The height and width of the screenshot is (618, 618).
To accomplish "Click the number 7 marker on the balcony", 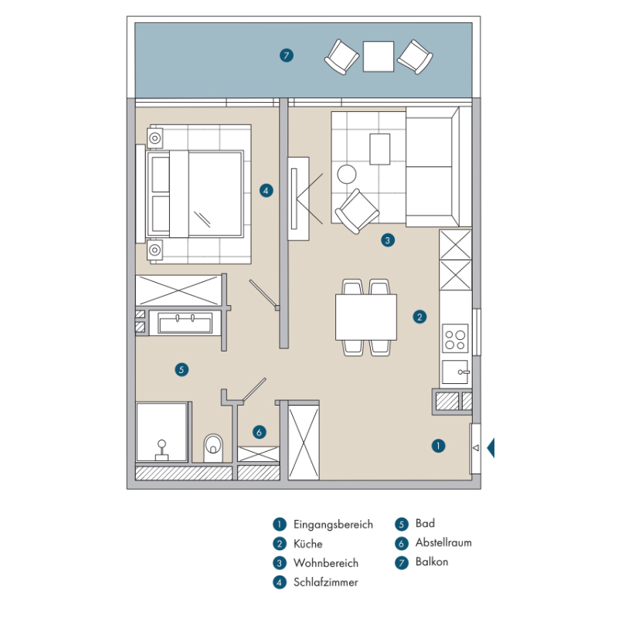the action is (287, 56).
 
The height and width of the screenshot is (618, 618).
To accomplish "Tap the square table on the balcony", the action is (379, 56).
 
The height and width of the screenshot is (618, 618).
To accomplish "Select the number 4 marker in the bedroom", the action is (266, 191).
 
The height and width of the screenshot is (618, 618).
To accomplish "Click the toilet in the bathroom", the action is (213, 448).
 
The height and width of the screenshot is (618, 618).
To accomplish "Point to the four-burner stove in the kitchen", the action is (455, 338).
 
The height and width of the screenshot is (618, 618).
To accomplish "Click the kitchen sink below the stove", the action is (455, 372).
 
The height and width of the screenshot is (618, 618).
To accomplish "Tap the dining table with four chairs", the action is (365, 317).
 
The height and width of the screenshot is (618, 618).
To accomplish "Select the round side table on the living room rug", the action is (347, 175).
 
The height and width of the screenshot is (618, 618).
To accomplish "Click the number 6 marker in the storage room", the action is (259, 432).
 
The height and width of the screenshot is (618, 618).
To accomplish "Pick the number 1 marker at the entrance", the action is (438, 446).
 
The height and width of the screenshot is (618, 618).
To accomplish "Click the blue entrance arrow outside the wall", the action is (491, 448).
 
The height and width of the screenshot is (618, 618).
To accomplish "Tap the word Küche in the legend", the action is (307, 544).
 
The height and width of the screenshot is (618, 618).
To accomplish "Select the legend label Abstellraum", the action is (443, 543).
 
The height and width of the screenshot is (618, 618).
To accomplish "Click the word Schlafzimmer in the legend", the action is (325, 582).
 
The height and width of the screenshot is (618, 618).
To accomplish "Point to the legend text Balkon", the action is (432, 562).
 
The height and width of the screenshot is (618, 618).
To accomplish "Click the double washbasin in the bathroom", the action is (185, 323).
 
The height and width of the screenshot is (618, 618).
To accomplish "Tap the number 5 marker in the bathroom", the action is (182, 370).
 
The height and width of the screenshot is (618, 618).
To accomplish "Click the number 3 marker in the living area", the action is (388, 240).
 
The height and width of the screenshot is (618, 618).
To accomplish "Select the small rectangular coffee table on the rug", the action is (379, 149).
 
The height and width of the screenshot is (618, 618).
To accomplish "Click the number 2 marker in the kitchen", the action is (419, 317).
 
